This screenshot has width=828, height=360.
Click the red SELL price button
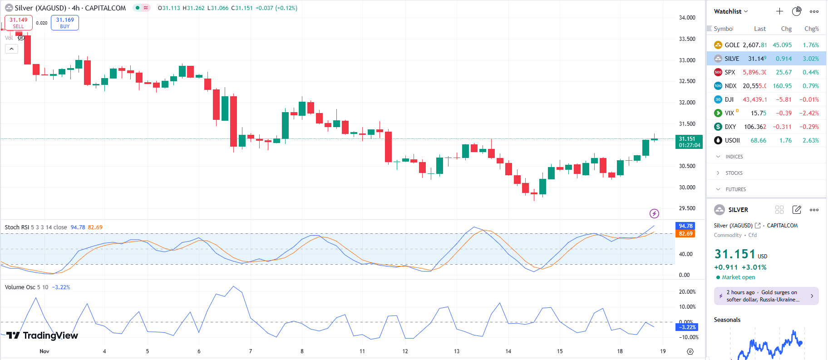[x=19, y=23]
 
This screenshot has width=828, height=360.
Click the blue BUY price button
[x=65, y=23]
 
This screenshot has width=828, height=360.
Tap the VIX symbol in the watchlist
[x=729, y=113]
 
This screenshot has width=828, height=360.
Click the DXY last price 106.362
[x=755, y=127]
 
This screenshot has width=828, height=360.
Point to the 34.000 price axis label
[x=687, y=18]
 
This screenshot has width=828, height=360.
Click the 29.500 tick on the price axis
[x=687, y=208]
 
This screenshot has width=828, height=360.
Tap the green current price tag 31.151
[x=689, y=142]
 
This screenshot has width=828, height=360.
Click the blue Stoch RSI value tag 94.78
[x=685, y=226]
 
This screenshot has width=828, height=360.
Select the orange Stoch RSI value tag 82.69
[x=685, y=234]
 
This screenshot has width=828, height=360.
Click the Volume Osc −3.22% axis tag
[x=687, y=327]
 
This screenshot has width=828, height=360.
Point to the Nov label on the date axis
[x=44, y=351]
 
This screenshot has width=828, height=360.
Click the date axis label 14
[x=508, y=351]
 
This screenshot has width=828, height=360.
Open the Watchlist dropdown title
[x=730, y=11]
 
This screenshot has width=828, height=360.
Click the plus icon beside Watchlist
[x=779, y=11]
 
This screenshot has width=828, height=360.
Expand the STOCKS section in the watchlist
[x=734, y=173]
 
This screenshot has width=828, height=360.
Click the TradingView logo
[x=42, y=335]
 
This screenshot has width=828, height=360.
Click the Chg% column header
[x=811, y=29]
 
